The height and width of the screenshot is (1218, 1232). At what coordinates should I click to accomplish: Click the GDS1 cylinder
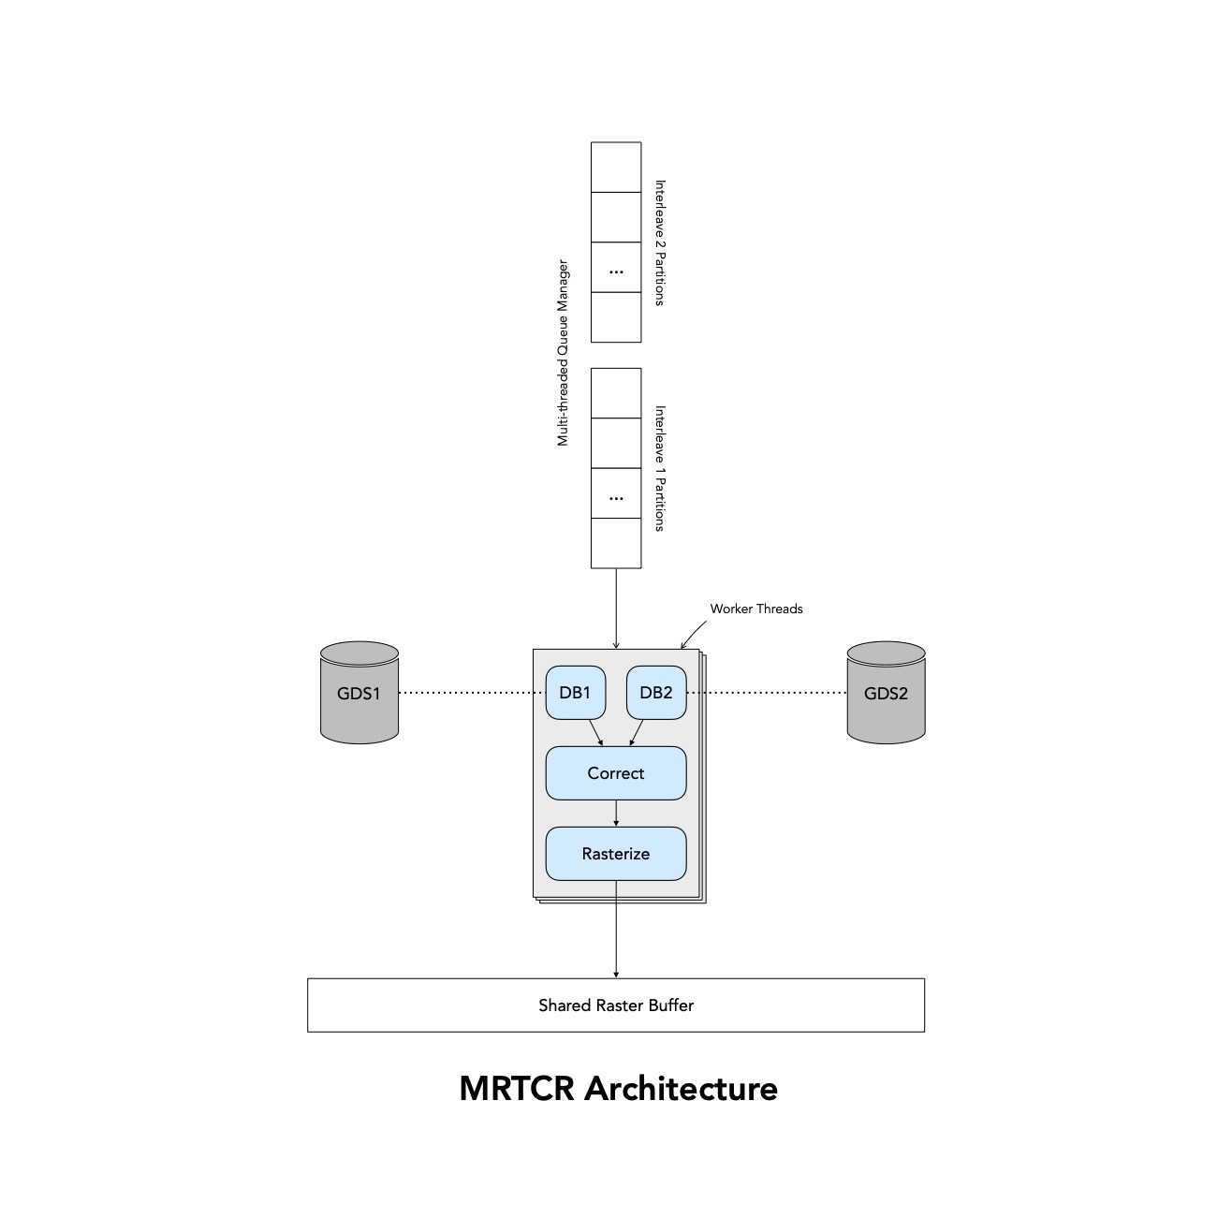[x=359, y=694]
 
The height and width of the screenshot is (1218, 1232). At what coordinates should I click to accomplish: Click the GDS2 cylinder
[x=886, y=694]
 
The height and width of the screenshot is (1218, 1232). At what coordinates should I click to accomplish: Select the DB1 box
[x=575, y=693]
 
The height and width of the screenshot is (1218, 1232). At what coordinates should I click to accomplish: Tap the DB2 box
[x=655, y=693]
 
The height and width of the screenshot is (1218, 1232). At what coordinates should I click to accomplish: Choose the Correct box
[x=615, y=773]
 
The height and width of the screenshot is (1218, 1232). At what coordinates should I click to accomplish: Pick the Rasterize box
[x=615, y=854]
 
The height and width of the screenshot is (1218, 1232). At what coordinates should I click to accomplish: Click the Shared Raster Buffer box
[x=615, y=1005]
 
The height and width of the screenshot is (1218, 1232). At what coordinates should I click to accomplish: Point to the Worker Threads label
[x=755, y=609]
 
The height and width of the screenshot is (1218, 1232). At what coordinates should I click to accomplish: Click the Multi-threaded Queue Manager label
[x=563, y=353]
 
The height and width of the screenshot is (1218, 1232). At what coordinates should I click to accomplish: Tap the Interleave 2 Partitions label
[x=659, y=242]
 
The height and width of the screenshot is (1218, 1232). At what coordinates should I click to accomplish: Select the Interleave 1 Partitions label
[x=659, y=468]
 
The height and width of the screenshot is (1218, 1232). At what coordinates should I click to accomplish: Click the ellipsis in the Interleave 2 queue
[x=615, y=271]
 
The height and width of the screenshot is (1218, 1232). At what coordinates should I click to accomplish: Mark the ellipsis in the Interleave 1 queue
[x=615, y=497]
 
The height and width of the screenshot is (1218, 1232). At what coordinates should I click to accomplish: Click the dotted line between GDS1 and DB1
[x=471, y=693]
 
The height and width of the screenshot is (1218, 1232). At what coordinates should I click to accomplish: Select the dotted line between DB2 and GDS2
[x=767, y=693]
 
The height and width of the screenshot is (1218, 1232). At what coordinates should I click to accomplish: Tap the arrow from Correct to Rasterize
[x=615, y=814]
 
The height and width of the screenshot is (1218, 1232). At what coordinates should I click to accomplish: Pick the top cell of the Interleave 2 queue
[x=615, y=167]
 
